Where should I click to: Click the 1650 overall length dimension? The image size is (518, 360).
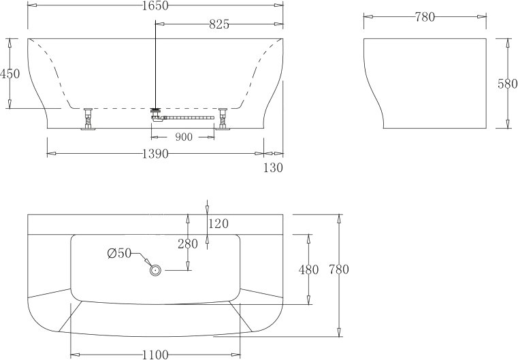pos(155,5)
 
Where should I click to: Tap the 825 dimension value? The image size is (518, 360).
pos(219,24)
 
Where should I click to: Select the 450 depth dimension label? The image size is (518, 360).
pos(10,73)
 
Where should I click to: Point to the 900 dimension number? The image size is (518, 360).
pos(184,137)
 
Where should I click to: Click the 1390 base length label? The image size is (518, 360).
pos(155,154)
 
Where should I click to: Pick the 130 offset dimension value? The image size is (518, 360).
pos(273,168)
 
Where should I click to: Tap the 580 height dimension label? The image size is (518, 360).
pos(507,84)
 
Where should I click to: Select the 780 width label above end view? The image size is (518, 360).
pos(425,17)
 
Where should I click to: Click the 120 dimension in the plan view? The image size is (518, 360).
pos(218,224)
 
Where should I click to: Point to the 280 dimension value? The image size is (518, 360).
pos(188,244)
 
